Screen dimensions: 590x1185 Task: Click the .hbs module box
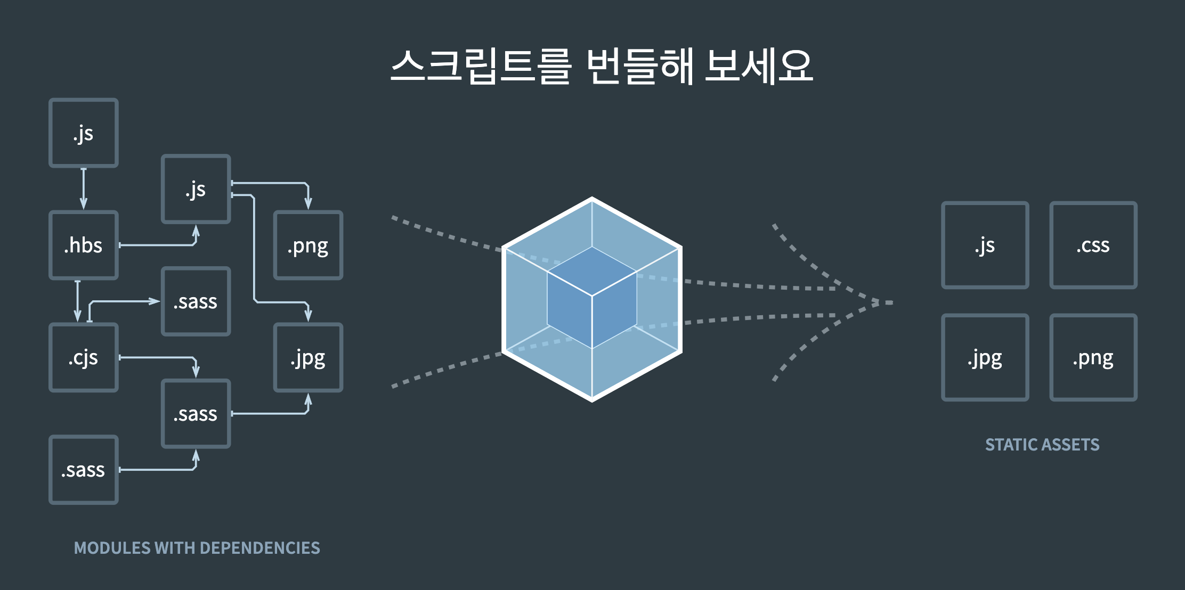84,245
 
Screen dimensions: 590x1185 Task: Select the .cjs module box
84,358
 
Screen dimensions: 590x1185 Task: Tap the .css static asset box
1093,245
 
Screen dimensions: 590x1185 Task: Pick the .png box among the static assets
1093,358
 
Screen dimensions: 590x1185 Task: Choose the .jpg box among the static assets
985,358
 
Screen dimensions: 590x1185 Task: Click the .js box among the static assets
985,245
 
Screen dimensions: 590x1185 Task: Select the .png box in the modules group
308,245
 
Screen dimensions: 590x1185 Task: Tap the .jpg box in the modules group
308,358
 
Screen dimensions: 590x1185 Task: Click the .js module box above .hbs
84,133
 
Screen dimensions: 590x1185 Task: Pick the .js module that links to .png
196,189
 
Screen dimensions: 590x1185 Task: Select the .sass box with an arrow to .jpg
196,414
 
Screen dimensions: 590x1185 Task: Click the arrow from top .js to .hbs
84,189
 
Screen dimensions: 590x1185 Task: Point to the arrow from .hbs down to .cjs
78,301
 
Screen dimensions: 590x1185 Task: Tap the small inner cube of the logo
592,297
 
